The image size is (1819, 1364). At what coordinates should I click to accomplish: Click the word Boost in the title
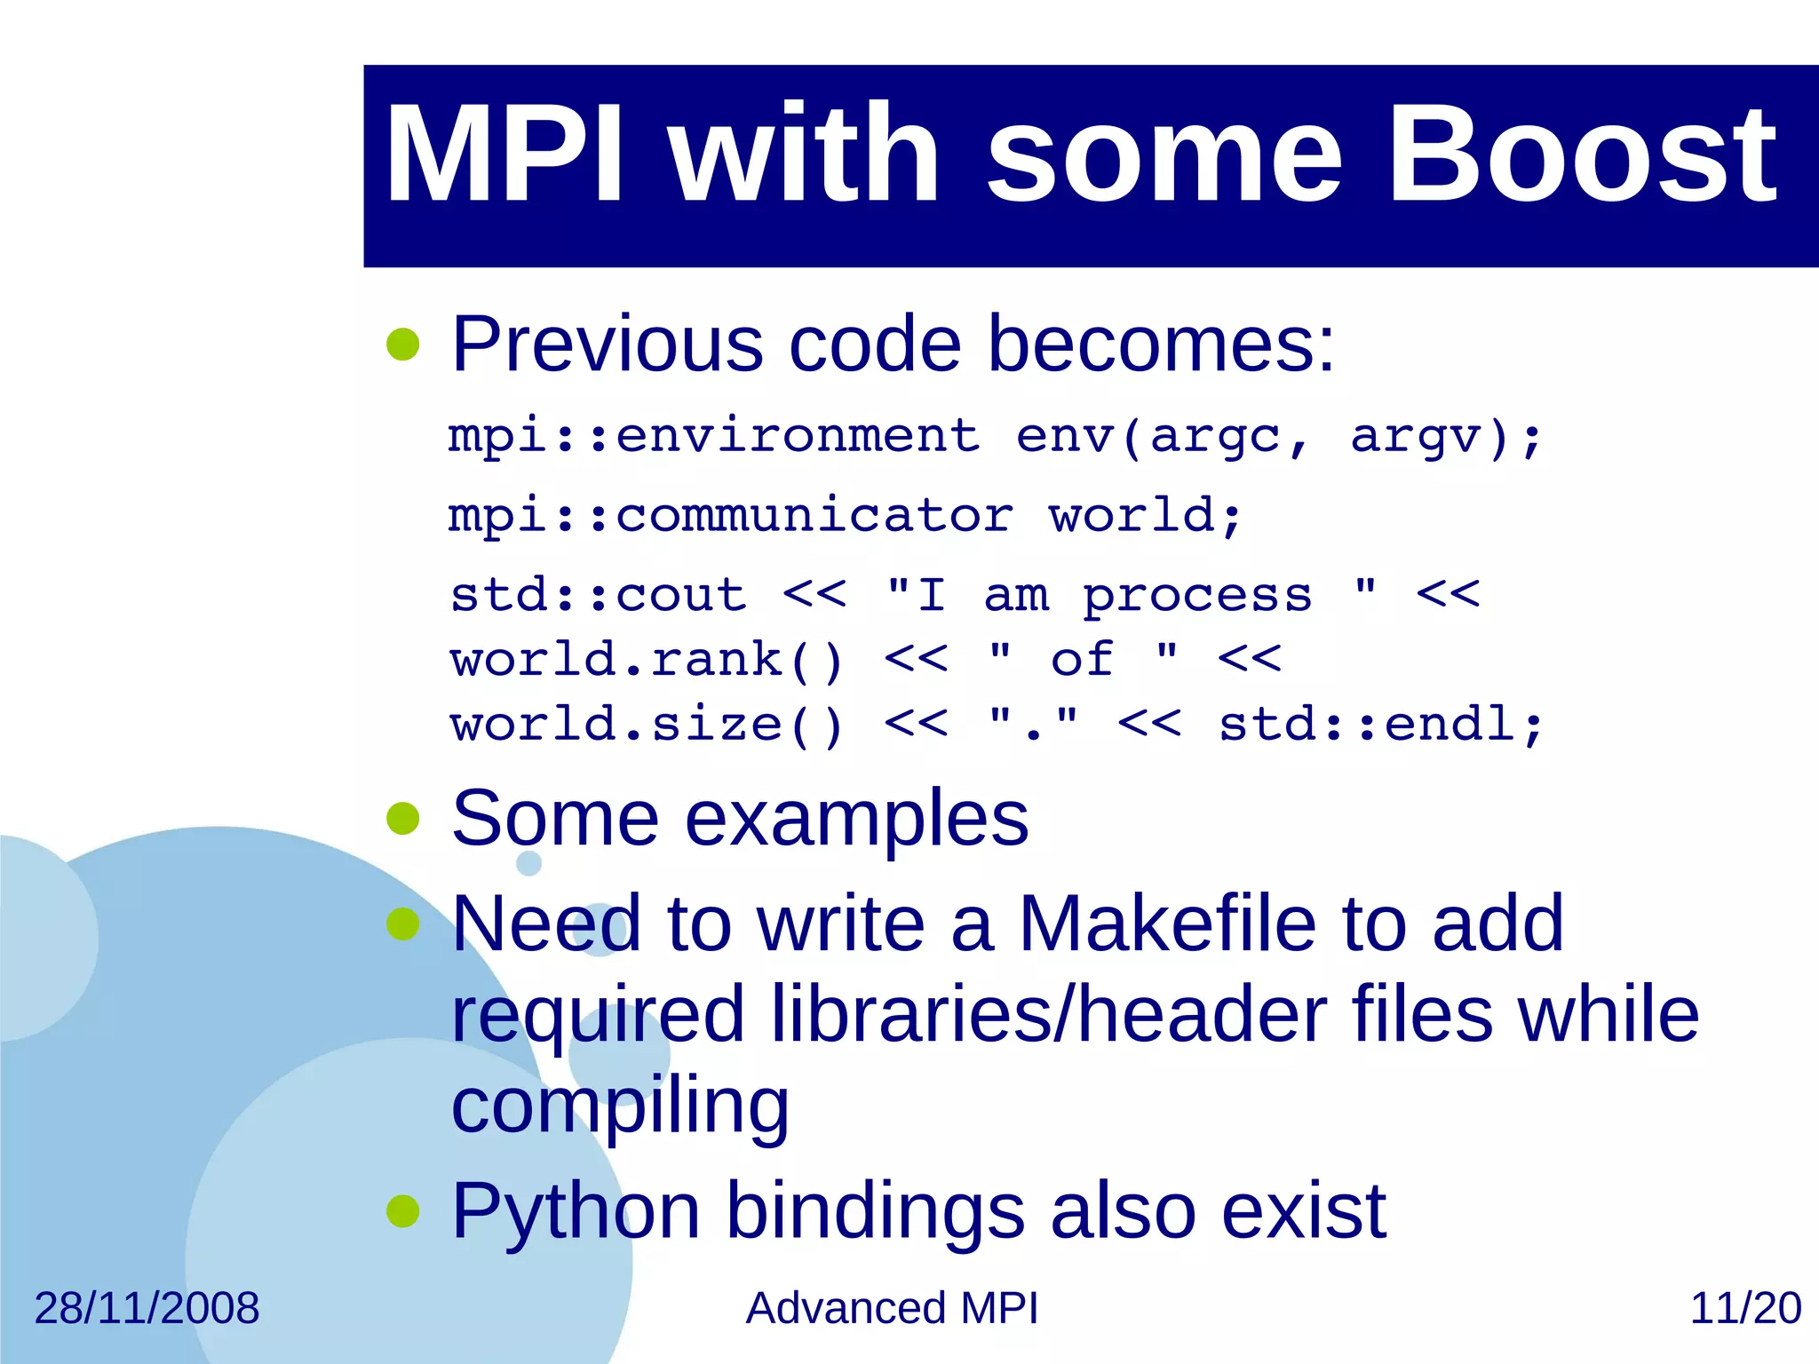coord(1581,155)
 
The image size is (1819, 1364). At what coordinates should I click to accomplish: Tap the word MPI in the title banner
coord(504,155)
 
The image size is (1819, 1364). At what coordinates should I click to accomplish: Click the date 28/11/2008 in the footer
coord(147,1308)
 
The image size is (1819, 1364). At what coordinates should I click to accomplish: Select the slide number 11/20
coord(1744,1308)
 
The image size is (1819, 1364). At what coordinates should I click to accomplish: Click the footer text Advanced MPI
coord(891,1308)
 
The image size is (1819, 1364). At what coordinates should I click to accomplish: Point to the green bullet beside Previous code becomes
coord(403,345)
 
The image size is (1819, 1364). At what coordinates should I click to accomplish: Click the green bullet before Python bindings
coord(403,1211)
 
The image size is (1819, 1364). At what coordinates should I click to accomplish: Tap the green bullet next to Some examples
coord(403,819)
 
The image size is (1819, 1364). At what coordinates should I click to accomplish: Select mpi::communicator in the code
coord(730,516)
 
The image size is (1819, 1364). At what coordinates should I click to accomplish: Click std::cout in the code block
coord(598,594)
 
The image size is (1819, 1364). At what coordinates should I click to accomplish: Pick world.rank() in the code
coord(646,660)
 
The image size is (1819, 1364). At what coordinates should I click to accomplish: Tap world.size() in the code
coord(646,725)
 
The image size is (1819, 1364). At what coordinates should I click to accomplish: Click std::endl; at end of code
coord(1381,725)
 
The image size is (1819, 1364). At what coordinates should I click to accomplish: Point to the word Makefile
coord(1166,924)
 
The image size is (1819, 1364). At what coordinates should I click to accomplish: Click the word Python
coord(576,1211)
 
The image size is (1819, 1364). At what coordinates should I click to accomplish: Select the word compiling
coord(620,1106)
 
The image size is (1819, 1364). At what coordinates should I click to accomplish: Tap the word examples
coord(856,819)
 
